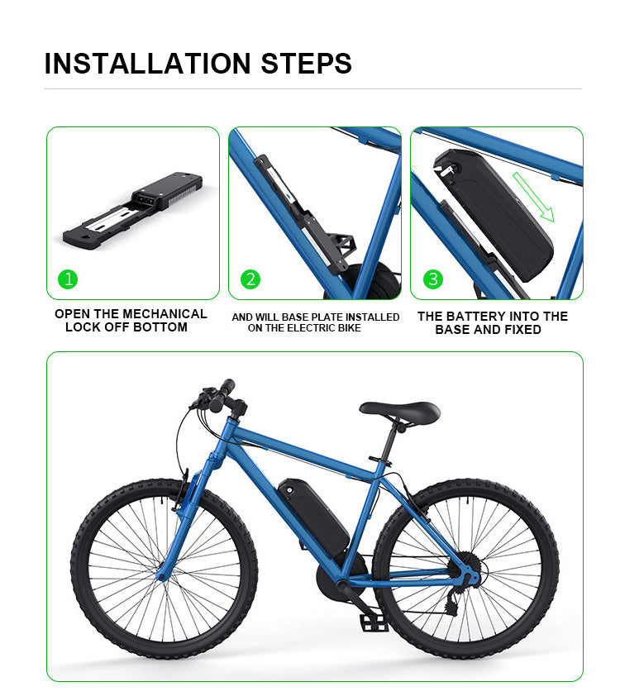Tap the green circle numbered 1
69,279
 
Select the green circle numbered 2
250,279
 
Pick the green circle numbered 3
432,279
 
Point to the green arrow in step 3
533,198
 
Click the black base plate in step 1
133,210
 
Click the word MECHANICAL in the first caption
165,314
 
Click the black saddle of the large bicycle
400,411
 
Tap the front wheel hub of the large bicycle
164,573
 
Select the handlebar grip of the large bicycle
226,387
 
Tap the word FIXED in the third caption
522,329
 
